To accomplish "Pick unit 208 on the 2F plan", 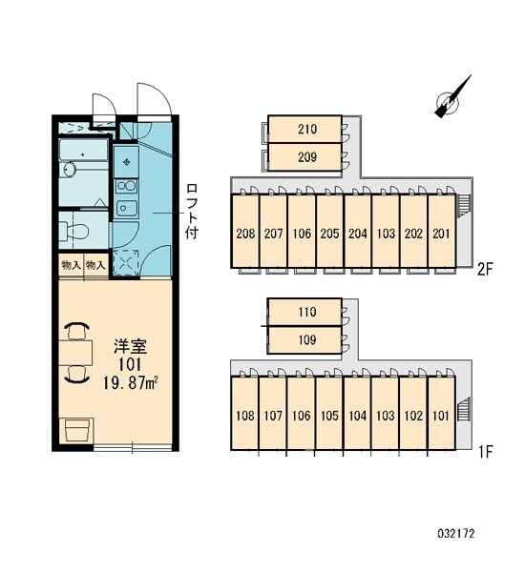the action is (244, 232).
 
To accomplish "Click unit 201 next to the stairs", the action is (441, 232).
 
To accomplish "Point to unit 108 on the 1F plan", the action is (244, 414).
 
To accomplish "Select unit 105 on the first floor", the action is (329, 414).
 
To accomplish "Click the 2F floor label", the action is (485, 270).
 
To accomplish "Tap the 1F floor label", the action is (486, 452).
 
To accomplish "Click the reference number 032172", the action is (456, 534).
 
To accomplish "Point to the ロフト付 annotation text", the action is (192, 212).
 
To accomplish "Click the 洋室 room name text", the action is (131, 347).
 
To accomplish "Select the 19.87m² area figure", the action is (130, 383).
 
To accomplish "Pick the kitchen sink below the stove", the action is (126, 208).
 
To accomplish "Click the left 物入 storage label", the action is (71, 265).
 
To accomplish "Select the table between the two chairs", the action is (75, 353).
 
